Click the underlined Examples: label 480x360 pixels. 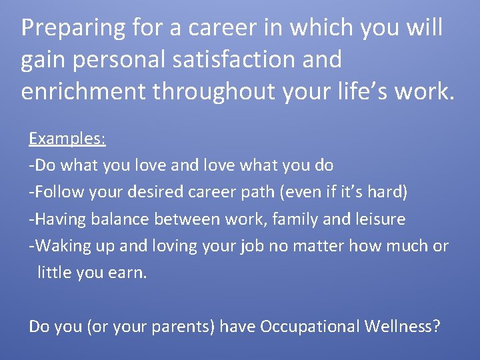[x=67, y=139]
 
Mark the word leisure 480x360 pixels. [x=380, y=219]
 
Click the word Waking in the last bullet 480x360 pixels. [x=60, y=245]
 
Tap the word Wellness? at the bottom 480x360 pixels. [x=403, y=326]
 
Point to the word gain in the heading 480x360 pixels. [x=41, y=60]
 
